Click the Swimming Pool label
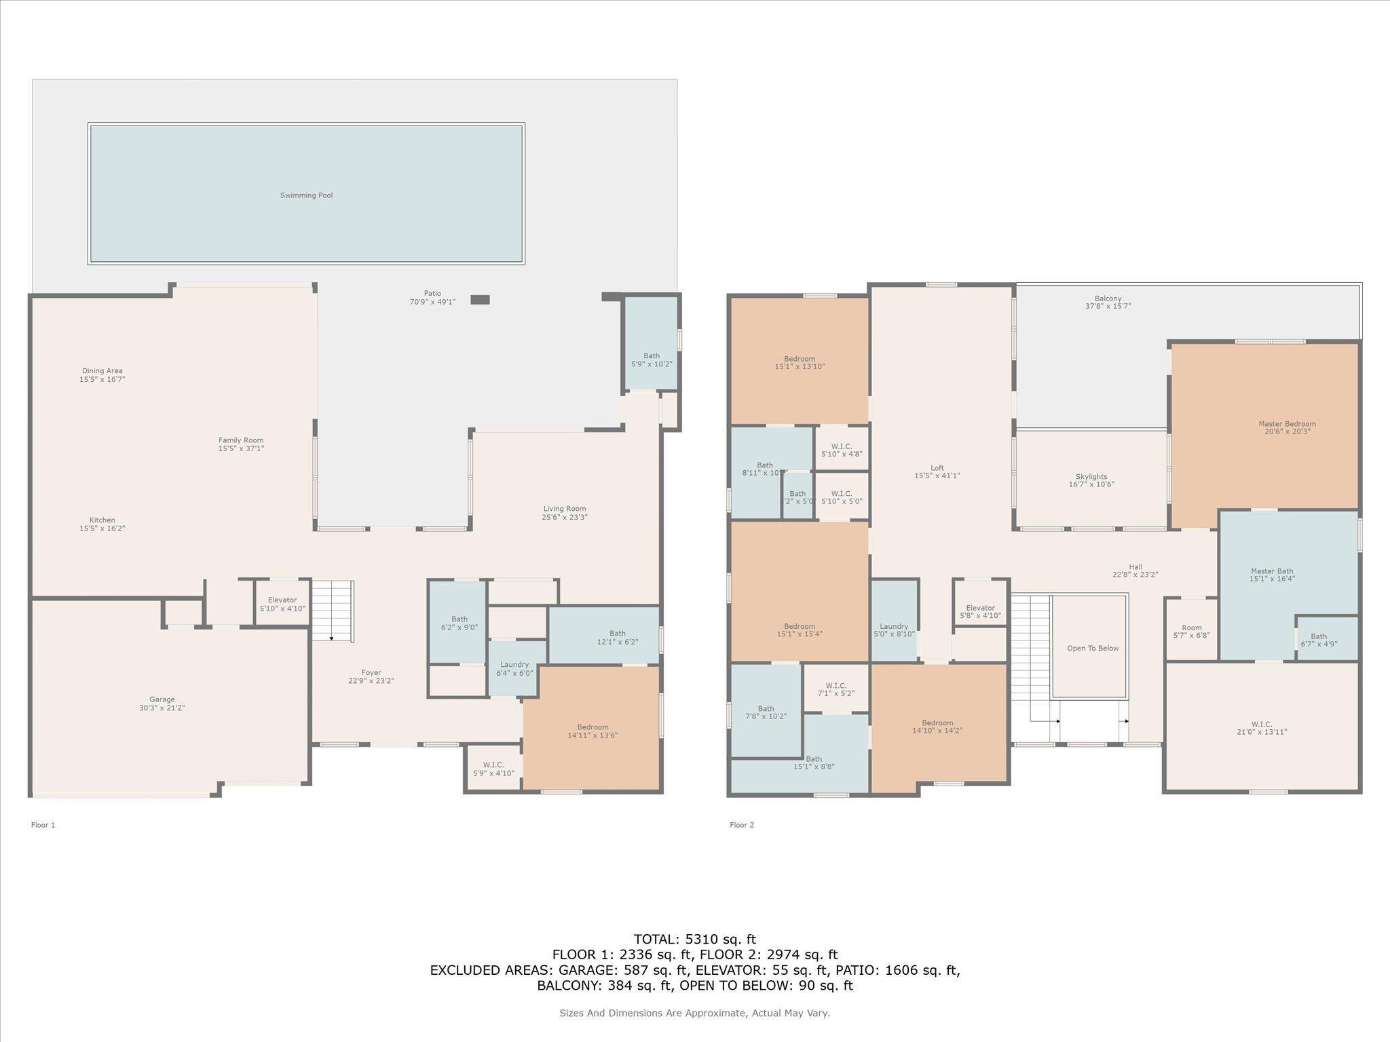[306, 195]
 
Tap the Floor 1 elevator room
[282, 604]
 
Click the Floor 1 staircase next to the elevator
[333, 611]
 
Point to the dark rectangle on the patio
[480, 300]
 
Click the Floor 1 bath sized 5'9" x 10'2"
[651, 360]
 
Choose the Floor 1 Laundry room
[515, 669]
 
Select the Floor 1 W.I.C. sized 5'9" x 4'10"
[493, 769]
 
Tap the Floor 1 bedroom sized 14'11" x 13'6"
[593, 731]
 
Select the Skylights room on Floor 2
[1091, 480]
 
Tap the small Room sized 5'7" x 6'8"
[1191, 632]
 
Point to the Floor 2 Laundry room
[894, 630]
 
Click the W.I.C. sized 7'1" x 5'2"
[835, 689]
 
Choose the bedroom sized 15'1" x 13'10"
[799, 362]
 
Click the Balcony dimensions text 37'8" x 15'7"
[1108, 307]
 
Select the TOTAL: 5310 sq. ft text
[694, 940]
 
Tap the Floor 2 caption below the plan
[741, 825]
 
